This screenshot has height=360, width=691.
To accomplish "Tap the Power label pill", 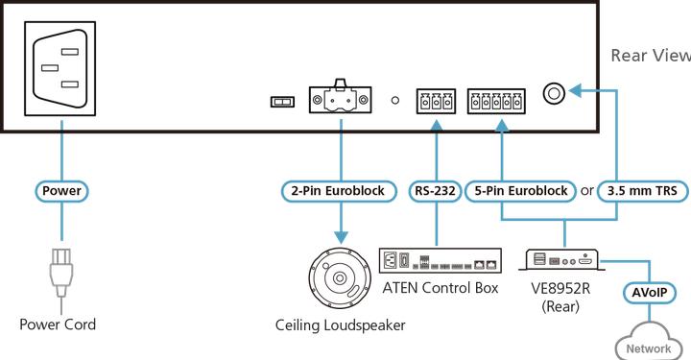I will [62, 190].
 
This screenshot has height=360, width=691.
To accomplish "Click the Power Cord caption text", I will [59, 324].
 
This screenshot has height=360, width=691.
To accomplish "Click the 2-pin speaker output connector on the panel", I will [341, 100].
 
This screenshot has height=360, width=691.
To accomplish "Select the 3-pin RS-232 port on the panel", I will [436, 100].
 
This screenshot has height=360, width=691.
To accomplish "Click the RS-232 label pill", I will [436, 190].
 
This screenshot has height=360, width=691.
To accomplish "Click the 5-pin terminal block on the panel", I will [497, 100].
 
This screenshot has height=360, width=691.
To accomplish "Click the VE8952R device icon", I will [563, 259].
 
